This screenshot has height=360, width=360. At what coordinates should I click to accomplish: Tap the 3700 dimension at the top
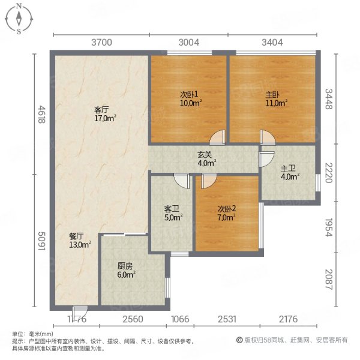102,43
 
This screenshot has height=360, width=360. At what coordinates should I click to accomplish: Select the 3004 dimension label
189,43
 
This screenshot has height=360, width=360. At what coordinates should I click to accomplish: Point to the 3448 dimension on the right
329,99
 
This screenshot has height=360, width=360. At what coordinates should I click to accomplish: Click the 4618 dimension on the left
41,115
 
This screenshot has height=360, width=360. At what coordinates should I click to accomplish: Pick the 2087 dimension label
329,280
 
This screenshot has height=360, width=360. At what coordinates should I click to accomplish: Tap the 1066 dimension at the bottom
180,319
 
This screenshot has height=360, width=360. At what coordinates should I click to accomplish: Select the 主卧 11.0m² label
277,99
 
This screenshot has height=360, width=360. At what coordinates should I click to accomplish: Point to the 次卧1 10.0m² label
191,99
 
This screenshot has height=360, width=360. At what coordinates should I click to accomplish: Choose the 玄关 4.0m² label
207,159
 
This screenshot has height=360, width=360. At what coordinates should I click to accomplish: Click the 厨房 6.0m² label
126,271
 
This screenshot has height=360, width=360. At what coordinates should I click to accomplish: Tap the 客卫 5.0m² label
173,213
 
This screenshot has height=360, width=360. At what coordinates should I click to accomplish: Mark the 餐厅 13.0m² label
80,241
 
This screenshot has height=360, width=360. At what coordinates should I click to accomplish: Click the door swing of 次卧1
217,137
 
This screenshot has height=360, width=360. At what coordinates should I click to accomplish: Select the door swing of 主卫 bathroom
266,159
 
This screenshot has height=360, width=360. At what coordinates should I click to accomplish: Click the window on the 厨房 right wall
168,287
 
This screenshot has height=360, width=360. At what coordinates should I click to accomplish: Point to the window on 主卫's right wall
318,183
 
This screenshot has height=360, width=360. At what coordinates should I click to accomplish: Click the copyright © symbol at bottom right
239,340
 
